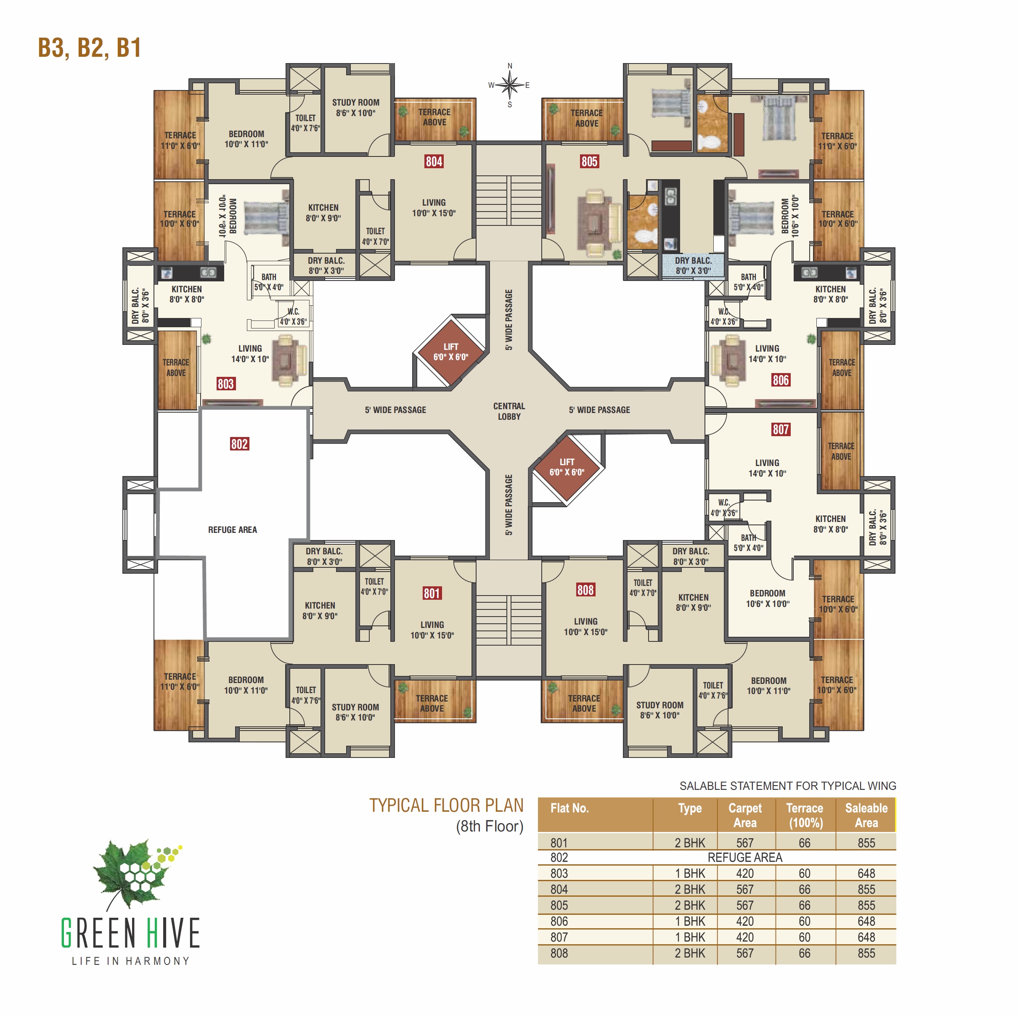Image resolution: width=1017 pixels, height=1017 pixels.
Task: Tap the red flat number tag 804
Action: (434, 162)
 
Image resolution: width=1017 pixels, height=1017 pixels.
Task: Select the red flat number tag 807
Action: (780, 429)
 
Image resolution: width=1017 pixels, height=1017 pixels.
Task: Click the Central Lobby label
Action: (509, 411)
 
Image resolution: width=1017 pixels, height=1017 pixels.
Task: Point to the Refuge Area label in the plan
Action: (232, 530)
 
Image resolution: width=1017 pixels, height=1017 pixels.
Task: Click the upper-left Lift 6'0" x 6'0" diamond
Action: (450, 352)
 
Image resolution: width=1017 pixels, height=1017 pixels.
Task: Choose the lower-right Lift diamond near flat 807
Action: (567, 467)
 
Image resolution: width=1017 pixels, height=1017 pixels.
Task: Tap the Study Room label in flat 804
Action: (355, 107)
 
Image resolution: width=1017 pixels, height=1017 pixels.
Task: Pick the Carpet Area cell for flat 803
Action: (744, 873)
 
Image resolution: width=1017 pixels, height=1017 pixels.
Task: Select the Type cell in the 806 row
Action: (690, 921)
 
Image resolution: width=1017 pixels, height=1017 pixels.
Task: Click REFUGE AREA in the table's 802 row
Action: (744, 858)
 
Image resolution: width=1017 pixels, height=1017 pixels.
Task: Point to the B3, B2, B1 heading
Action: (90, 48)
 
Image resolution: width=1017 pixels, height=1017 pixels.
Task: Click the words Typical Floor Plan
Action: (446, 806)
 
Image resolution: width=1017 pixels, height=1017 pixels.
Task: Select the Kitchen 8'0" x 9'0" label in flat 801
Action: (320, 611)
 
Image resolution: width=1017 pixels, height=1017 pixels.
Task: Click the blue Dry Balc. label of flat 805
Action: (693, 266)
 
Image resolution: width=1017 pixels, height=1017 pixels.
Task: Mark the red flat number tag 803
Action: (225, 384)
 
